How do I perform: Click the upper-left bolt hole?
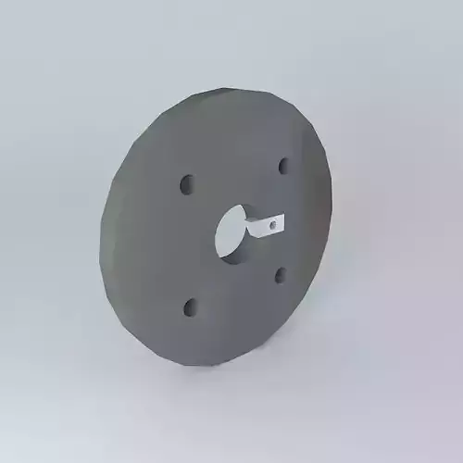pyautogui.click(x=187, y=183)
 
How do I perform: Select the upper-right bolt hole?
pyautogui.click(x=283, y=166)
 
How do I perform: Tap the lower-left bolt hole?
pyautogui.click(x=190, y=306)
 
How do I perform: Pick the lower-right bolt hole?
pyautogui.click(x=280, y=273)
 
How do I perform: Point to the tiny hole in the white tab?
pyautogui.click(x=272, y=222)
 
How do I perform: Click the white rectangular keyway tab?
pyautogui.click(x=267, y=224)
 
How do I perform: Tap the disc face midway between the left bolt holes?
pyautogui.click(x=188, y=244)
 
